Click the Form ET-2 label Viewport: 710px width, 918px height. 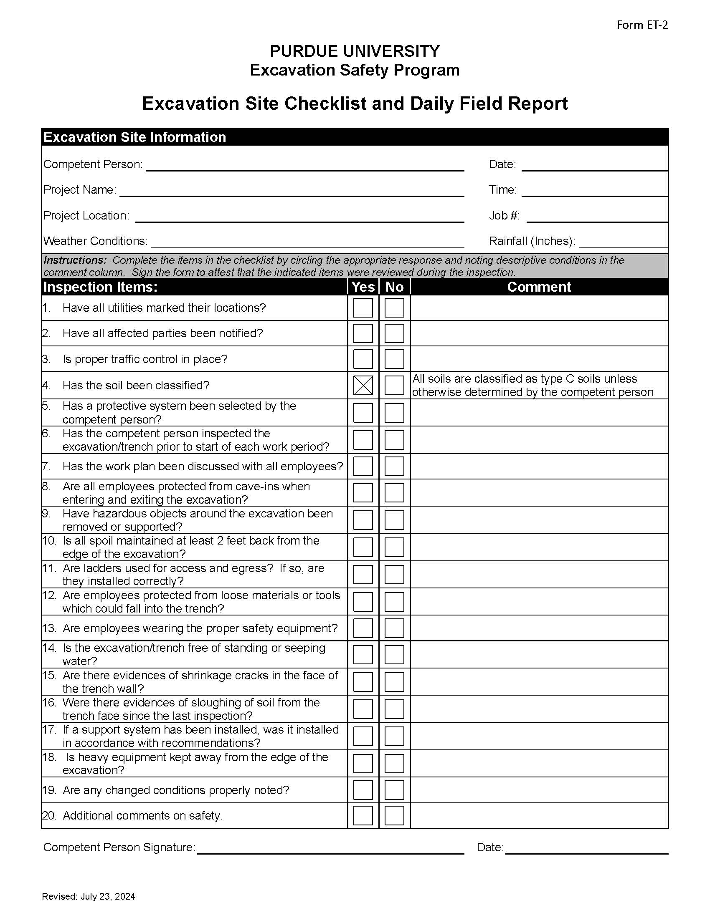(x=642, y=25)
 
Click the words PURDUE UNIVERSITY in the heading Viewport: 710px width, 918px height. (x=355, y=51)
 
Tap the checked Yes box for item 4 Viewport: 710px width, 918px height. (x=363, y=386)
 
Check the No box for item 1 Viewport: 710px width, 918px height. (x=394, y=308)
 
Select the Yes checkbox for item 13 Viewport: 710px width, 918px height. (x=363, y=628)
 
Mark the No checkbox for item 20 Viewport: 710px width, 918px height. (x=394, y=815)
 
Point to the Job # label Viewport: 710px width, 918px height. (x=504, y=216)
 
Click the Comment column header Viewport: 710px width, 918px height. (x=539, y=287)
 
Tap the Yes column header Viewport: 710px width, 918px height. (x=363, y=287)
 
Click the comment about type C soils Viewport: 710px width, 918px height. (x=532, y=386)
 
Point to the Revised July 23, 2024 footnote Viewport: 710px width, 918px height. (x=89, y=897)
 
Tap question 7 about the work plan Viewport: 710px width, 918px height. (x=203, y=467)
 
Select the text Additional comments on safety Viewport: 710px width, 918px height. (x=142, y=815)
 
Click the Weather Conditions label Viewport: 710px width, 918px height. (x=96, y=241)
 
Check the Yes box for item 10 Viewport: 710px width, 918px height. (x=363, y=547)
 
